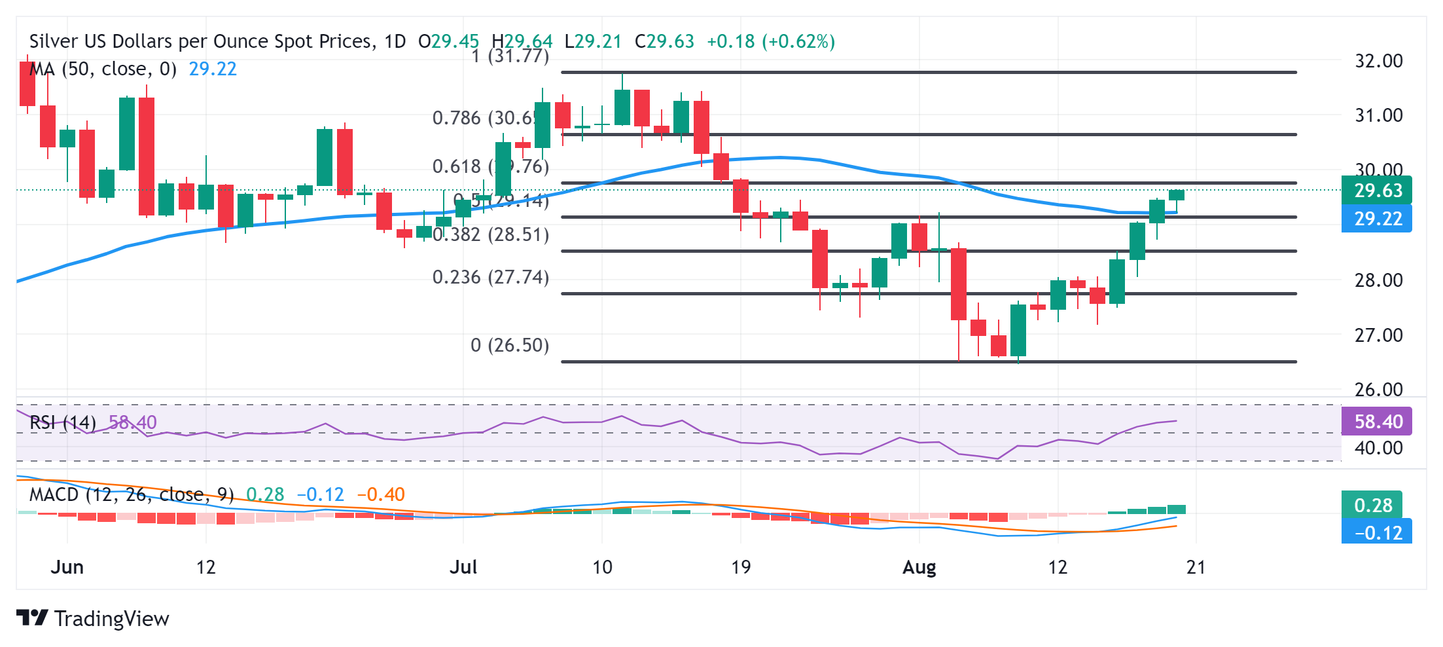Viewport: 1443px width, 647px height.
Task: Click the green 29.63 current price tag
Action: tap(1376, 191)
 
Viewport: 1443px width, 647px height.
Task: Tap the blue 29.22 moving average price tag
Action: tap(1376, 219)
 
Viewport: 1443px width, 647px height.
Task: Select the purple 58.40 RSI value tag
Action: tap(1376, 422)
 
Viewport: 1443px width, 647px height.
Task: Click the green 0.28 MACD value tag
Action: tap(1372, 506)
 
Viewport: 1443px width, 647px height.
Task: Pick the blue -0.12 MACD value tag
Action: tap(1376, 533)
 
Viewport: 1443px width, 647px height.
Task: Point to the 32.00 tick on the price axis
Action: tap(1378, 61)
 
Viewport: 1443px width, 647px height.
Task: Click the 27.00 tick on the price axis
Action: tap(1378, 335)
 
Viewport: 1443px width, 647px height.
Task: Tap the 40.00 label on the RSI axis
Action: tap(1378, 448)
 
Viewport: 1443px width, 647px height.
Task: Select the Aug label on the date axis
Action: tap(919, 567)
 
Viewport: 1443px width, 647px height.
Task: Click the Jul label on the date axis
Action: tap(463, 567)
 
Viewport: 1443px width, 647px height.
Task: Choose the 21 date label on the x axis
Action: tap(1196, 567)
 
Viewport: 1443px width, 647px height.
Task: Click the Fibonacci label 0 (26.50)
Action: tap(510, 345)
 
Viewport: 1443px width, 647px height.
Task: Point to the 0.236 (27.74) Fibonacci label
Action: tap(491, 277)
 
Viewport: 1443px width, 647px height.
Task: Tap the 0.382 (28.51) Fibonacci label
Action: tap(491, 234)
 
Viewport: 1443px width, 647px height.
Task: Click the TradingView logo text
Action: tap(111, 619)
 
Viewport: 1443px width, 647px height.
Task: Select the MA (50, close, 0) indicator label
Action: tap(103, 69)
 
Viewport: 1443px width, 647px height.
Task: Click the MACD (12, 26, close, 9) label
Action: tap(132, 494)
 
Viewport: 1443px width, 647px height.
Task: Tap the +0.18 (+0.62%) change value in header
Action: tap(770, 41)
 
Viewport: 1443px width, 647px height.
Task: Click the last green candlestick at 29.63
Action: tap(1176, 195)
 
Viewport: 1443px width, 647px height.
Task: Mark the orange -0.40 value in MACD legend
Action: tap(381, 494)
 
